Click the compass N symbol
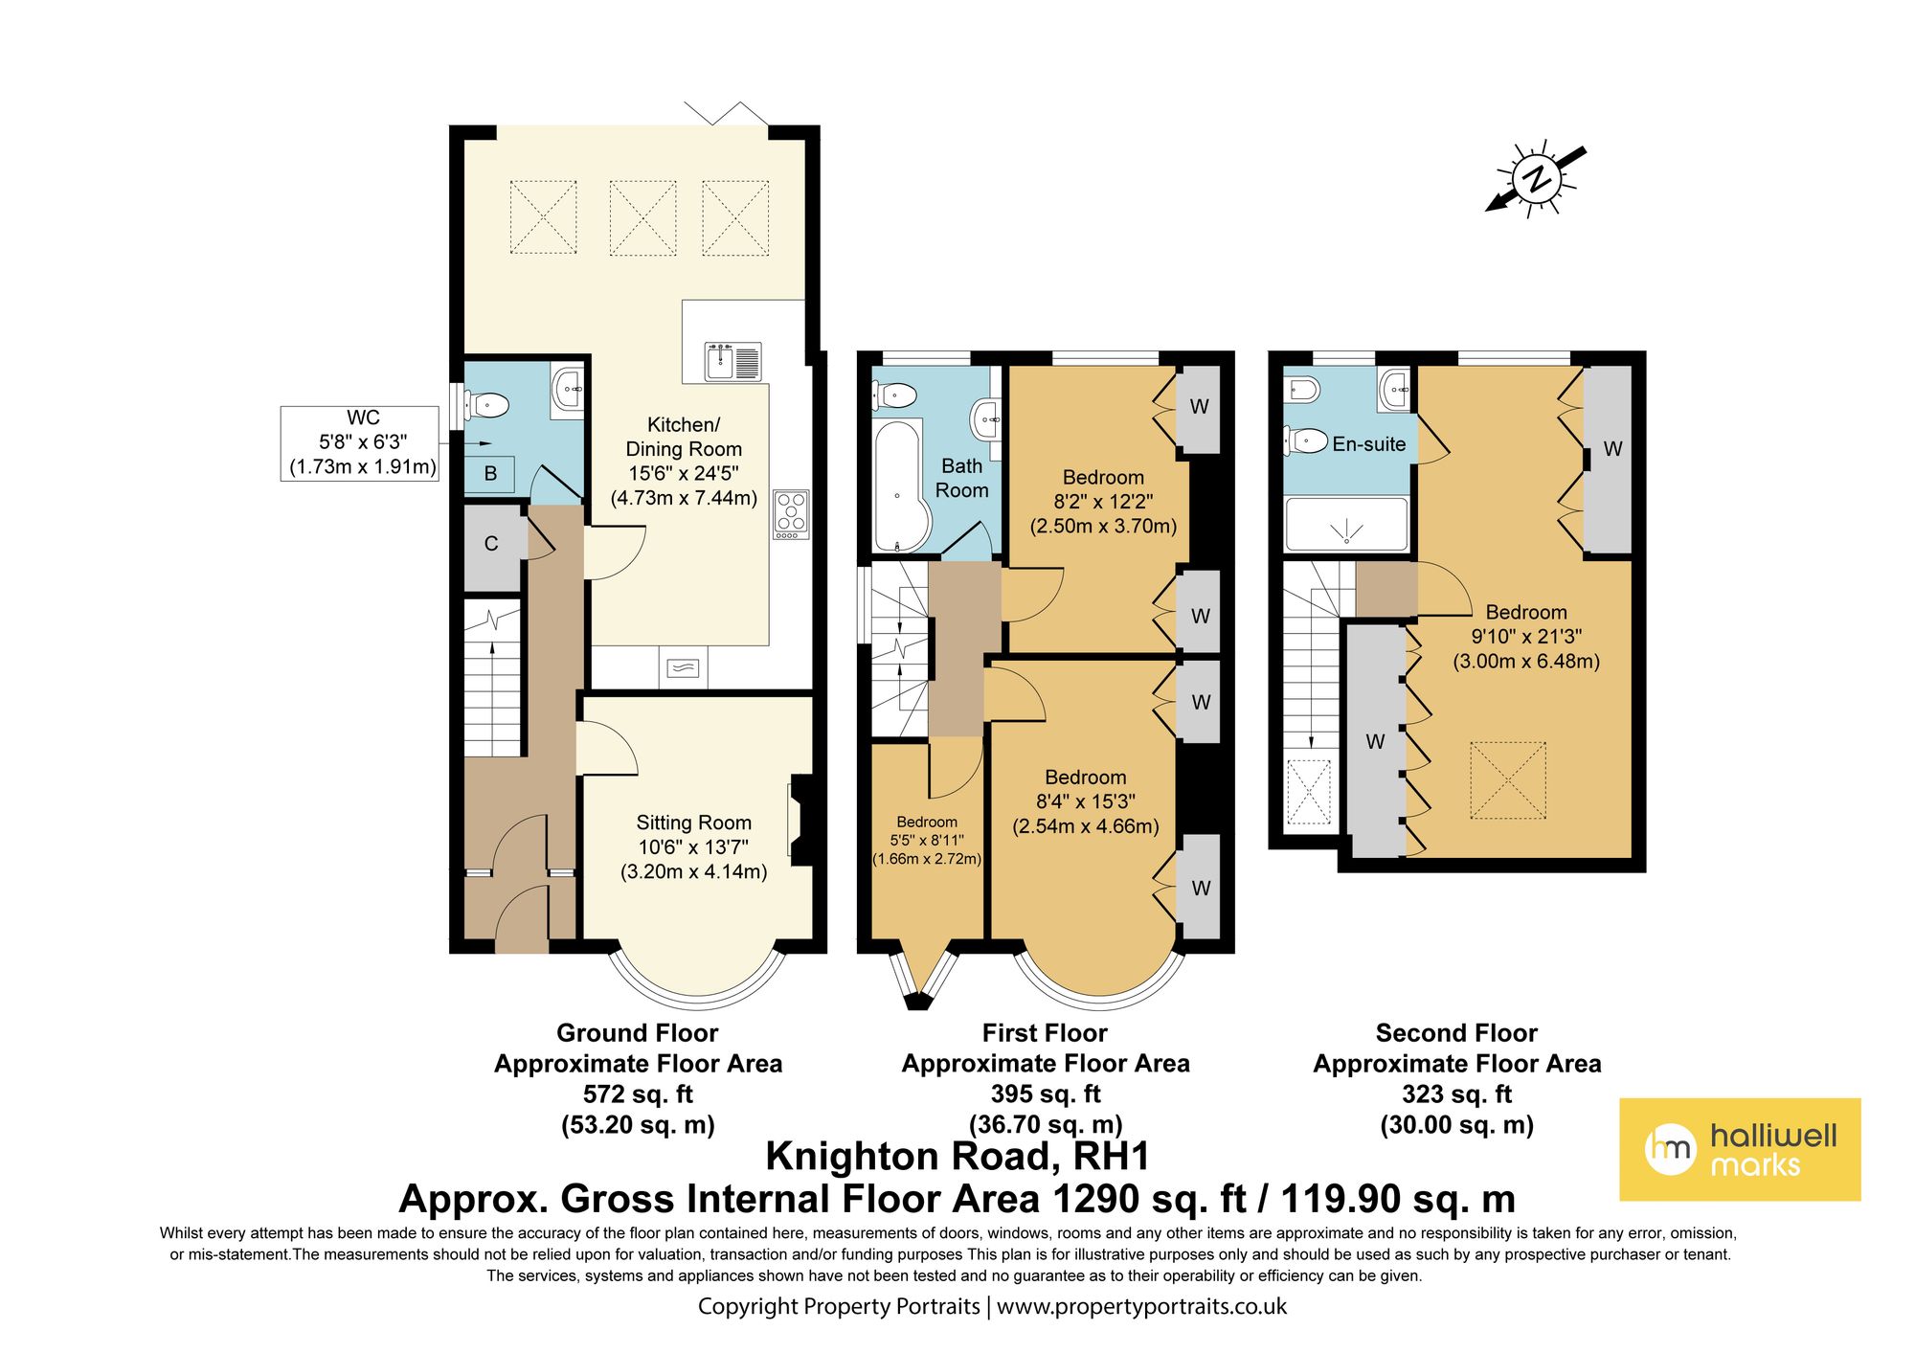[x=1537, y=179]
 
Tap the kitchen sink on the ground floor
[x=733, y=362]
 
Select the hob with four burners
[x=791, y=513]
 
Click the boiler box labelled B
[x=490, y=473]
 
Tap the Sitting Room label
[x=693, y=823]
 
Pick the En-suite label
[x=1368, y=444]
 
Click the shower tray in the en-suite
[x=1346, y=525]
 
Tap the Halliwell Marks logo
[x=1739, y=1149]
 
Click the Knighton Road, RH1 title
[x=957, y=1157]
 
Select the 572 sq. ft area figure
[x=638, y=1094]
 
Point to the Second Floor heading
[x=1455, y=1033]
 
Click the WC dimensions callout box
[x=360, y=442]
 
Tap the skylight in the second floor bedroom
[x=1507, y=779]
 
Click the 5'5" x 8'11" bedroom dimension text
[x=926, y=840]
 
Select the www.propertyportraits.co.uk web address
[x=1141, y=1306]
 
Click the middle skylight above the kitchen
[x=642, y=217]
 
